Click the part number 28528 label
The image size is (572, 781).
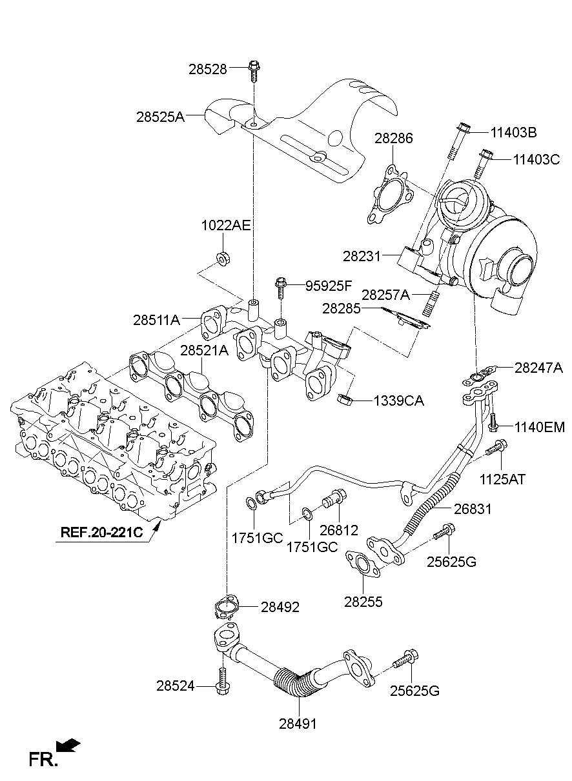[208, 69]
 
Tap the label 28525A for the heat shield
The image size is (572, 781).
[160, 117]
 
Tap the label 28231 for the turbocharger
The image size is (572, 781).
[362, 256]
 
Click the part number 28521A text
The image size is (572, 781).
[204, 351]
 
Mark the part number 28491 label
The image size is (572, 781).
[298, 724]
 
